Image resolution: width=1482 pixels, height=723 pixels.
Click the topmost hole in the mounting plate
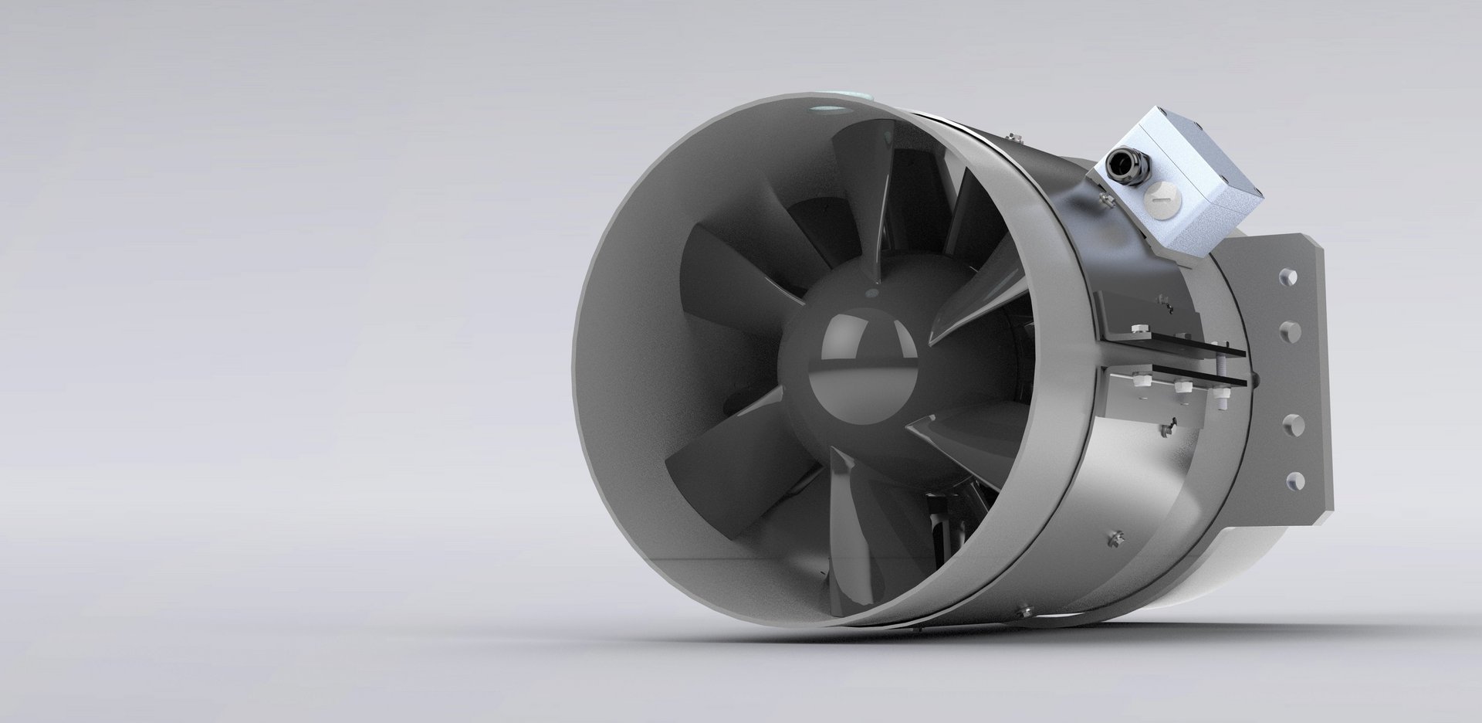[1287, 275]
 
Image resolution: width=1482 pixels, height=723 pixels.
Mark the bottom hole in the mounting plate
[1288, 480]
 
